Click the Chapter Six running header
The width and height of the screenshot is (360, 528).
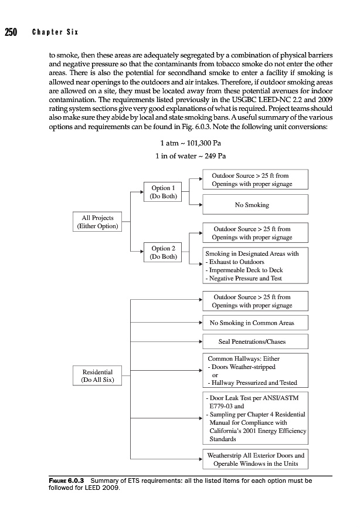[x=55, y=32]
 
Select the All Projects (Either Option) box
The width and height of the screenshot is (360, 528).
[x=98, y=222]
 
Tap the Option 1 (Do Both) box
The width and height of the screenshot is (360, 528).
[x=163, y=192]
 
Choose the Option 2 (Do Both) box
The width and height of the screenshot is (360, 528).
[x=163, y=253]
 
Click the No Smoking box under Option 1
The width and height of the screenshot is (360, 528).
[x=252, y=205]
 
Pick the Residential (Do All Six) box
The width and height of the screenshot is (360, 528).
[x=98, y=375]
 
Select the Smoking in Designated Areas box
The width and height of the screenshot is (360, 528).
[x=255, y=266]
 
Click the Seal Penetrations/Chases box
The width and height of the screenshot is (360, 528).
[x=255, y=341]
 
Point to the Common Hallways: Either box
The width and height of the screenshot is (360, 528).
[x=255, y=370]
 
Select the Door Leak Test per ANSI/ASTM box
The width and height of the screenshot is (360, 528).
[x=255, y=418]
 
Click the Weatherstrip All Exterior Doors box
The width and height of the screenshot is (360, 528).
[x=255, y=459]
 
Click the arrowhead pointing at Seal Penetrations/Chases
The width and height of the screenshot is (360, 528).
[x=200, y=341]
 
